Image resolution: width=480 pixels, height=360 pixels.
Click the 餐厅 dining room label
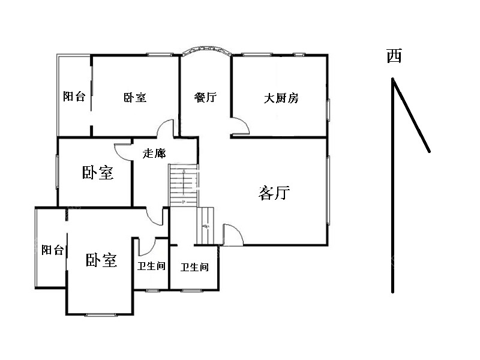[x=205, y=97]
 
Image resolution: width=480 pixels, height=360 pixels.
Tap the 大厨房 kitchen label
[x=281, y=98]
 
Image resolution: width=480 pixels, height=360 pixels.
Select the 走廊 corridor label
[x=154, y=153]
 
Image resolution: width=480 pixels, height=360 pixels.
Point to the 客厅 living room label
[x=274, y=193]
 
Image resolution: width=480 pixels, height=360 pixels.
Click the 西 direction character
[x=394, y=56]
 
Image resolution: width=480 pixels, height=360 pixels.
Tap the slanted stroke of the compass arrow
[x=411, y=115]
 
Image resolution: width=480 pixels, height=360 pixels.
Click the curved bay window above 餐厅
[x=207, y=50]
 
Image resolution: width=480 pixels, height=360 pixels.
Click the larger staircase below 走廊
[x=184, y=185]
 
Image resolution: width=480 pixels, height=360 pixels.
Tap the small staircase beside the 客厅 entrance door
[x=205, y=226]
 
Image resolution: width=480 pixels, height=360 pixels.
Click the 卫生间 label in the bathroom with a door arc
[x=151, y=266]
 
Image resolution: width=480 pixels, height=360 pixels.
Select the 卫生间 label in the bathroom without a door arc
[x=194, y=267]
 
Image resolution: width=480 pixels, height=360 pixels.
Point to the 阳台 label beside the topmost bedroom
[x=74, y=97]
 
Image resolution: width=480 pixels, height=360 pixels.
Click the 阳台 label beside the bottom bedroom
[x=53, y=250]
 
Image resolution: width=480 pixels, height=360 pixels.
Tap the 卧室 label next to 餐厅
[x=135, y=98]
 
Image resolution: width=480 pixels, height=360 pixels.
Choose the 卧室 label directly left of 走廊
[x=98, y=173]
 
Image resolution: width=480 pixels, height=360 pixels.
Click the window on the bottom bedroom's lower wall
[x=101, y=314]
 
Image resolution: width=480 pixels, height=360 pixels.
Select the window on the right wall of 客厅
[x=328, y=190]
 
